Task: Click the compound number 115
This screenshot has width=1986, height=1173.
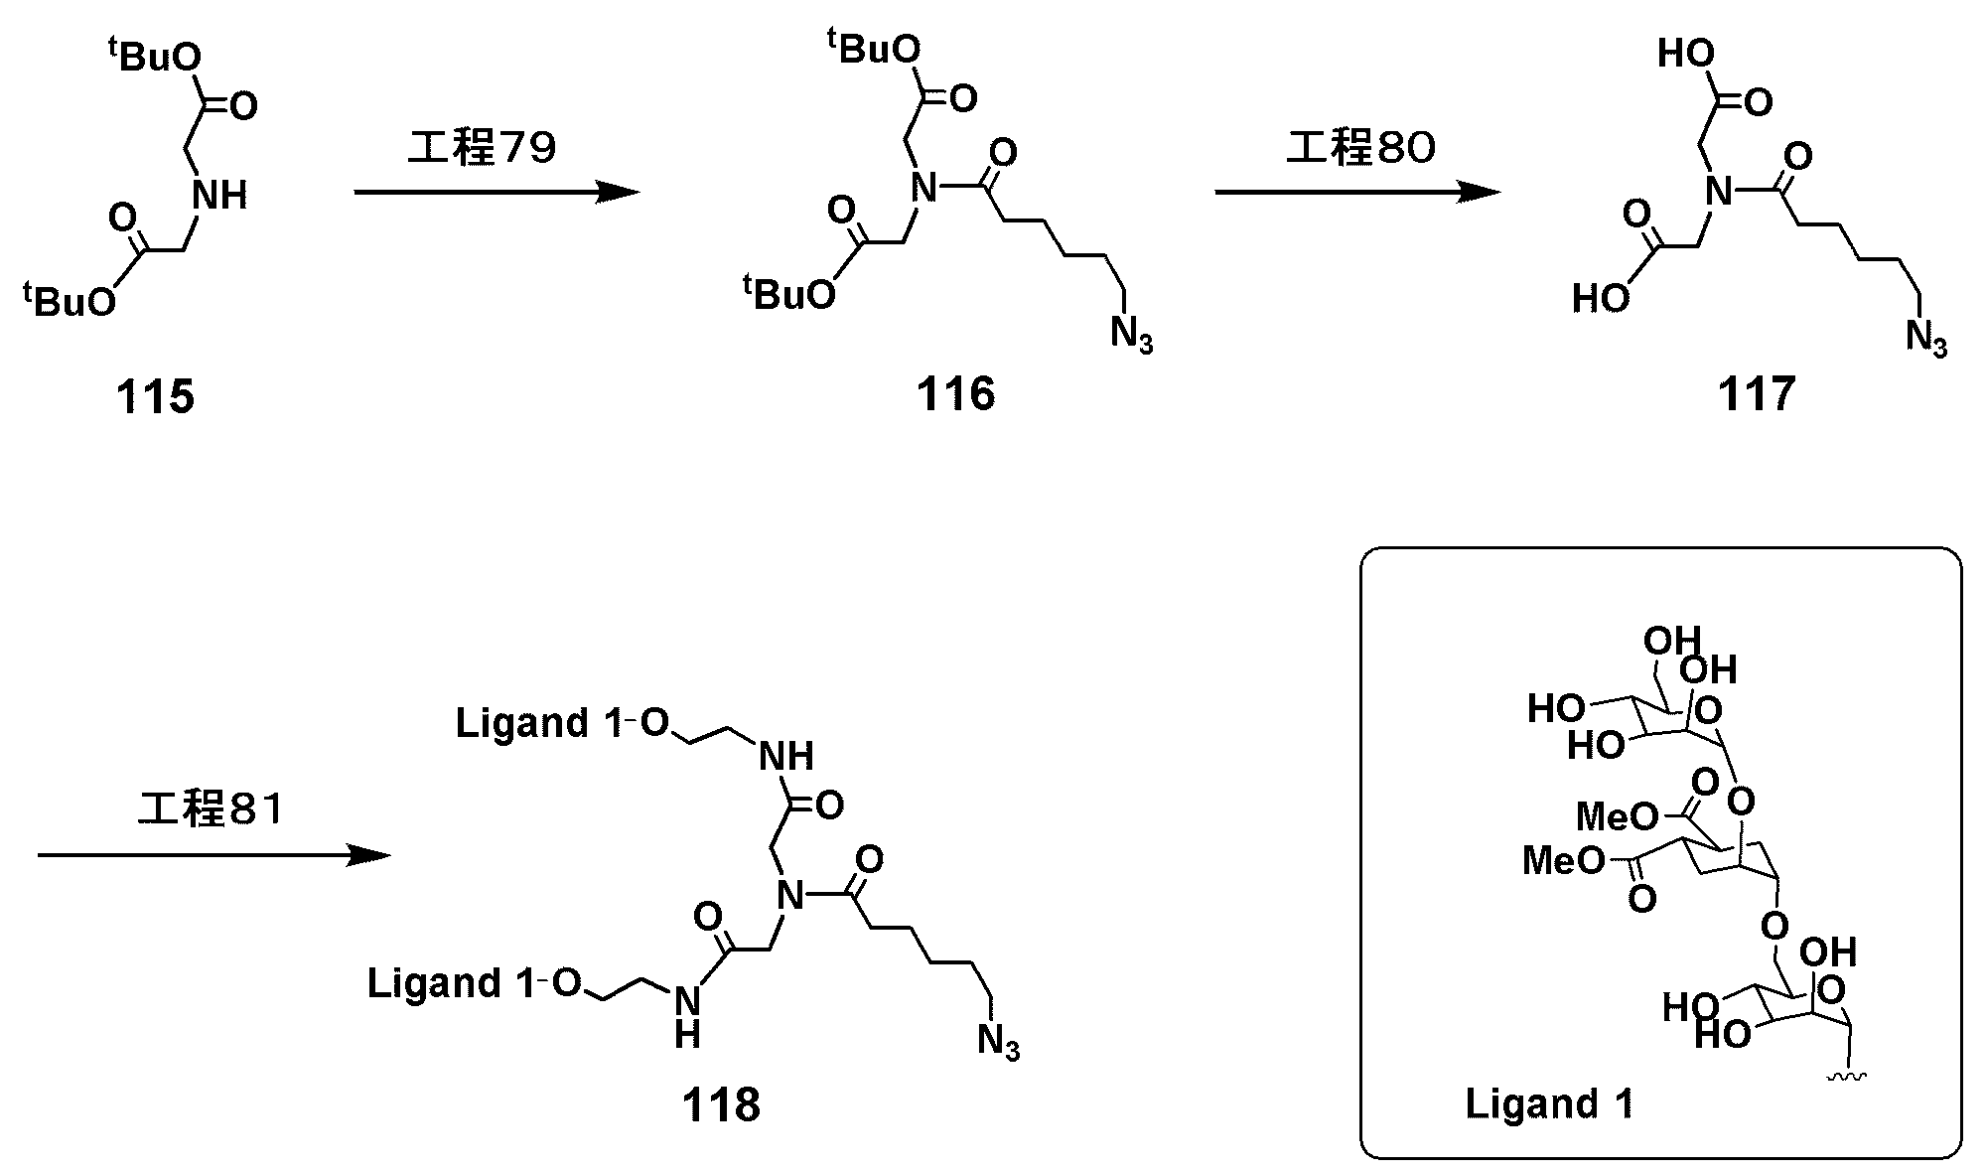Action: (x=155, y=398)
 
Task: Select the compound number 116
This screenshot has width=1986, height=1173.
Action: (x=955, y=395)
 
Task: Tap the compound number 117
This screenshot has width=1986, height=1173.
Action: (x=1757, y=395)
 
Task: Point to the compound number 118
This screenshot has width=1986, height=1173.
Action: (x=721, y=1103)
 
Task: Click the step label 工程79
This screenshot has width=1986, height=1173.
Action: (x=483, y=149)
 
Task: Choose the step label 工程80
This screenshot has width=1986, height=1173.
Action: (x=1361, y=149)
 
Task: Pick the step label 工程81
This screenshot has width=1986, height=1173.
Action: (x=211, y=809)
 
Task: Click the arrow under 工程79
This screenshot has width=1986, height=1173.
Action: (x=496, y=193)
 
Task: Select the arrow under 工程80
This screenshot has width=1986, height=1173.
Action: (x=1356, y=193)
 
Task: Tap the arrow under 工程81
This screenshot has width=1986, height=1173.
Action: (x=213, y=854)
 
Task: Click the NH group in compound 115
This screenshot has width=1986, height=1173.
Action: (x=219, y=195)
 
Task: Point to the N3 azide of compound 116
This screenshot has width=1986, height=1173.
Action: (x=1131, y=335)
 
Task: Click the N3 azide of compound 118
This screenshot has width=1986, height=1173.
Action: (x=998, y=1043)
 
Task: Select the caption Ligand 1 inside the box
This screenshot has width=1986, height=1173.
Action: (x=1549, y=1103)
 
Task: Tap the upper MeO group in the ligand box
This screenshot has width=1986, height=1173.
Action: (x=1617, y=817)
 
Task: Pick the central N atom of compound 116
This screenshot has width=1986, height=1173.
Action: (x=923, y=188)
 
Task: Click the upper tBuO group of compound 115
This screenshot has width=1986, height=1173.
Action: (x=155, y=57)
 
